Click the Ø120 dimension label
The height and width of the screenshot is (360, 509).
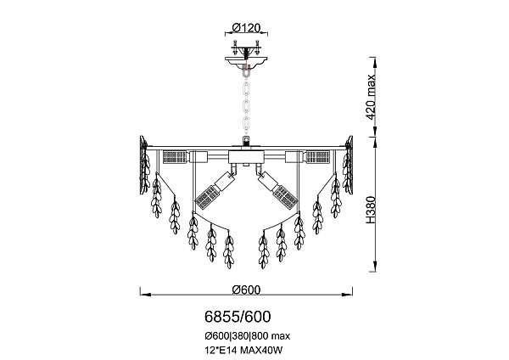point(246,27)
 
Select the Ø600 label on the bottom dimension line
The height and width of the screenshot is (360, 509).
point(245,289)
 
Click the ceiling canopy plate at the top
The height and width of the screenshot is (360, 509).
point(246,60)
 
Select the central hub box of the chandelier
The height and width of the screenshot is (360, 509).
point(246,158)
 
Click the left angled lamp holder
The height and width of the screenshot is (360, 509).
point(216,190)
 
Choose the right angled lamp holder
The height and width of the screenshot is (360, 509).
point(276,190)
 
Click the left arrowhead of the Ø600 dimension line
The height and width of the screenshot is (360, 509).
point(143,295)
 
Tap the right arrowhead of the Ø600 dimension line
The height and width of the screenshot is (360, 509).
point(350,295)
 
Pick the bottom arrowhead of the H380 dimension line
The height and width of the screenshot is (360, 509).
point(374,269)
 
